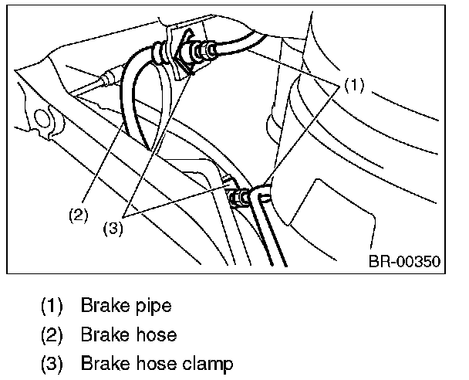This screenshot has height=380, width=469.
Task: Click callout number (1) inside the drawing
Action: pyautogui.click(x=354, y=85)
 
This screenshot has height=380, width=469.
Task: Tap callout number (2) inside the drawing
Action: pyautogui.click(x=79, y=215)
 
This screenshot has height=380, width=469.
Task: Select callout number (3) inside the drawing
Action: pyautogui.click(x=113, y=229)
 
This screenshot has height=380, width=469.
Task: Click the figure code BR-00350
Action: pyautogui.click(x=404, y=261)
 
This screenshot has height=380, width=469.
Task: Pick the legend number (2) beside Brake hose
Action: pyautogui.click(x=52, y=335)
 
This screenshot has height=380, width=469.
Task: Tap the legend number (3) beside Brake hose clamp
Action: pyautogui.click(x=52, y=364)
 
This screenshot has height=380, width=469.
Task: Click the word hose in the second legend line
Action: pyautogui.click(x=157, y=334)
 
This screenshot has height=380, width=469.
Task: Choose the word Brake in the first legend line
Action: pyautogui.click(x=105, y=305)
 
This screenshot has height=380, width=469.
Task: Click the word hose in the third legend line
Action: pyautogui.click(x=157, y=364)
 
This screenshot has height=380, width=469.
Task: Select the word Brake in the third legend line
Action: pyautogui.click(x=105, y=363)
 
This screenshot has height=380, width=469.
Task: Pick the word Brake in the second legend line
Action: pyautogui.click(x=105, y=334)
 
